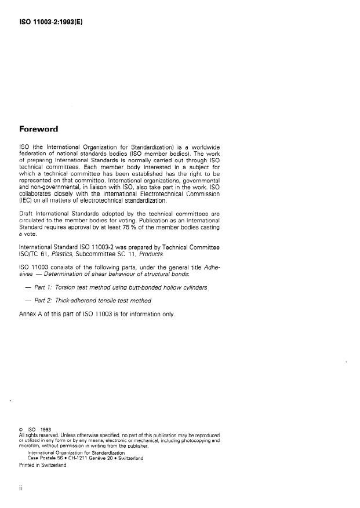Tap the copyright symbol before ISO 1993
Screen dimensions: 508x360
tap(21, 429)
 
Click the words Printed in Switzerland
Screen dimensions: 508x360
tap(43, 463)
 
